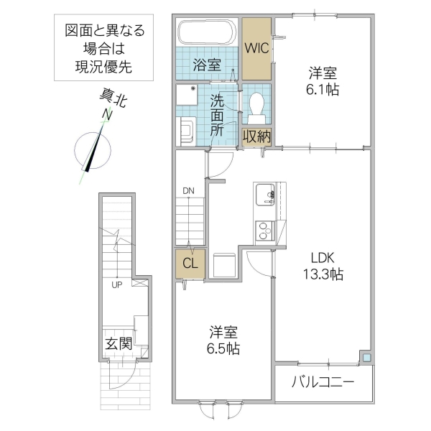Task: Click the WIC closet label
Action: coord(256,48)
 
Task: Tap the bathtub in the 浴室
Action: coord(206,33)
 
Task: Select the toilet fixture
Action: coord(255,106)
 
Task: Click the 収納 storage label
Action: coord(256,136)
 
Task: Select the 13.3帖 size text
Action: coord(322,275)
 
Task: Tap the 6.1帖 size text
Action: coord(323,89)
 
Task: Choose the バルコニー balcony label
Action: coord(323,382)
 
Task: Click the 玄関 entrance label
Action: coord(118,343)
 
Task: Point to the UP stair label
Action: coord(116,285)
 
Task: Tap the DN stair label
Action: coord(188,191)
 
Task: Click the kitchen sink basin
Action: coord(264,194)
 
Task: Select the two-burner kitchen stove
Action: coord(264,231)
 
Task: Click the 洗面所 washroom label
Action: coord(218,115)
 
